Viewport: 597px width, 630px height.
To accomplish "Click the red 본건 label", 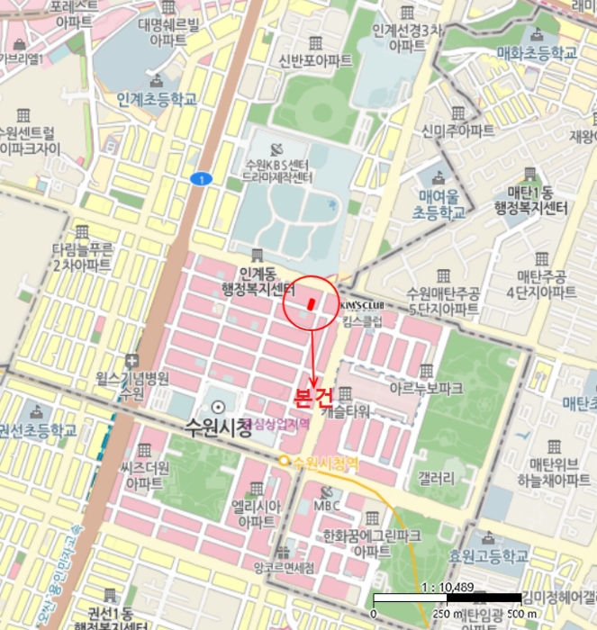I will [x=312, y=396].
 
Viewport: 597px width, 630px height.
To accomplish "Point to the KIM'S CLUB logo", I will [x=360, y=305].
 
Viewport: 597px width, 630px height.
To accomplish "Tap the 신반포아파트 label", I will [x=314, y=60].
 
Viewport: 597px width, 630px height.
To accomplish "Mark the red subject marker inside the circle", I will [x=311, y=303].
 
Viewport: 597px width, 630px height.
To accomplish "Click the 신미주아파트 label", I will [x=458, y=130].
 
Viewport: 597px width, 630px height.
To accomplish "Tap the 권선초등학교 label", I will [x=38, y=429].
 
